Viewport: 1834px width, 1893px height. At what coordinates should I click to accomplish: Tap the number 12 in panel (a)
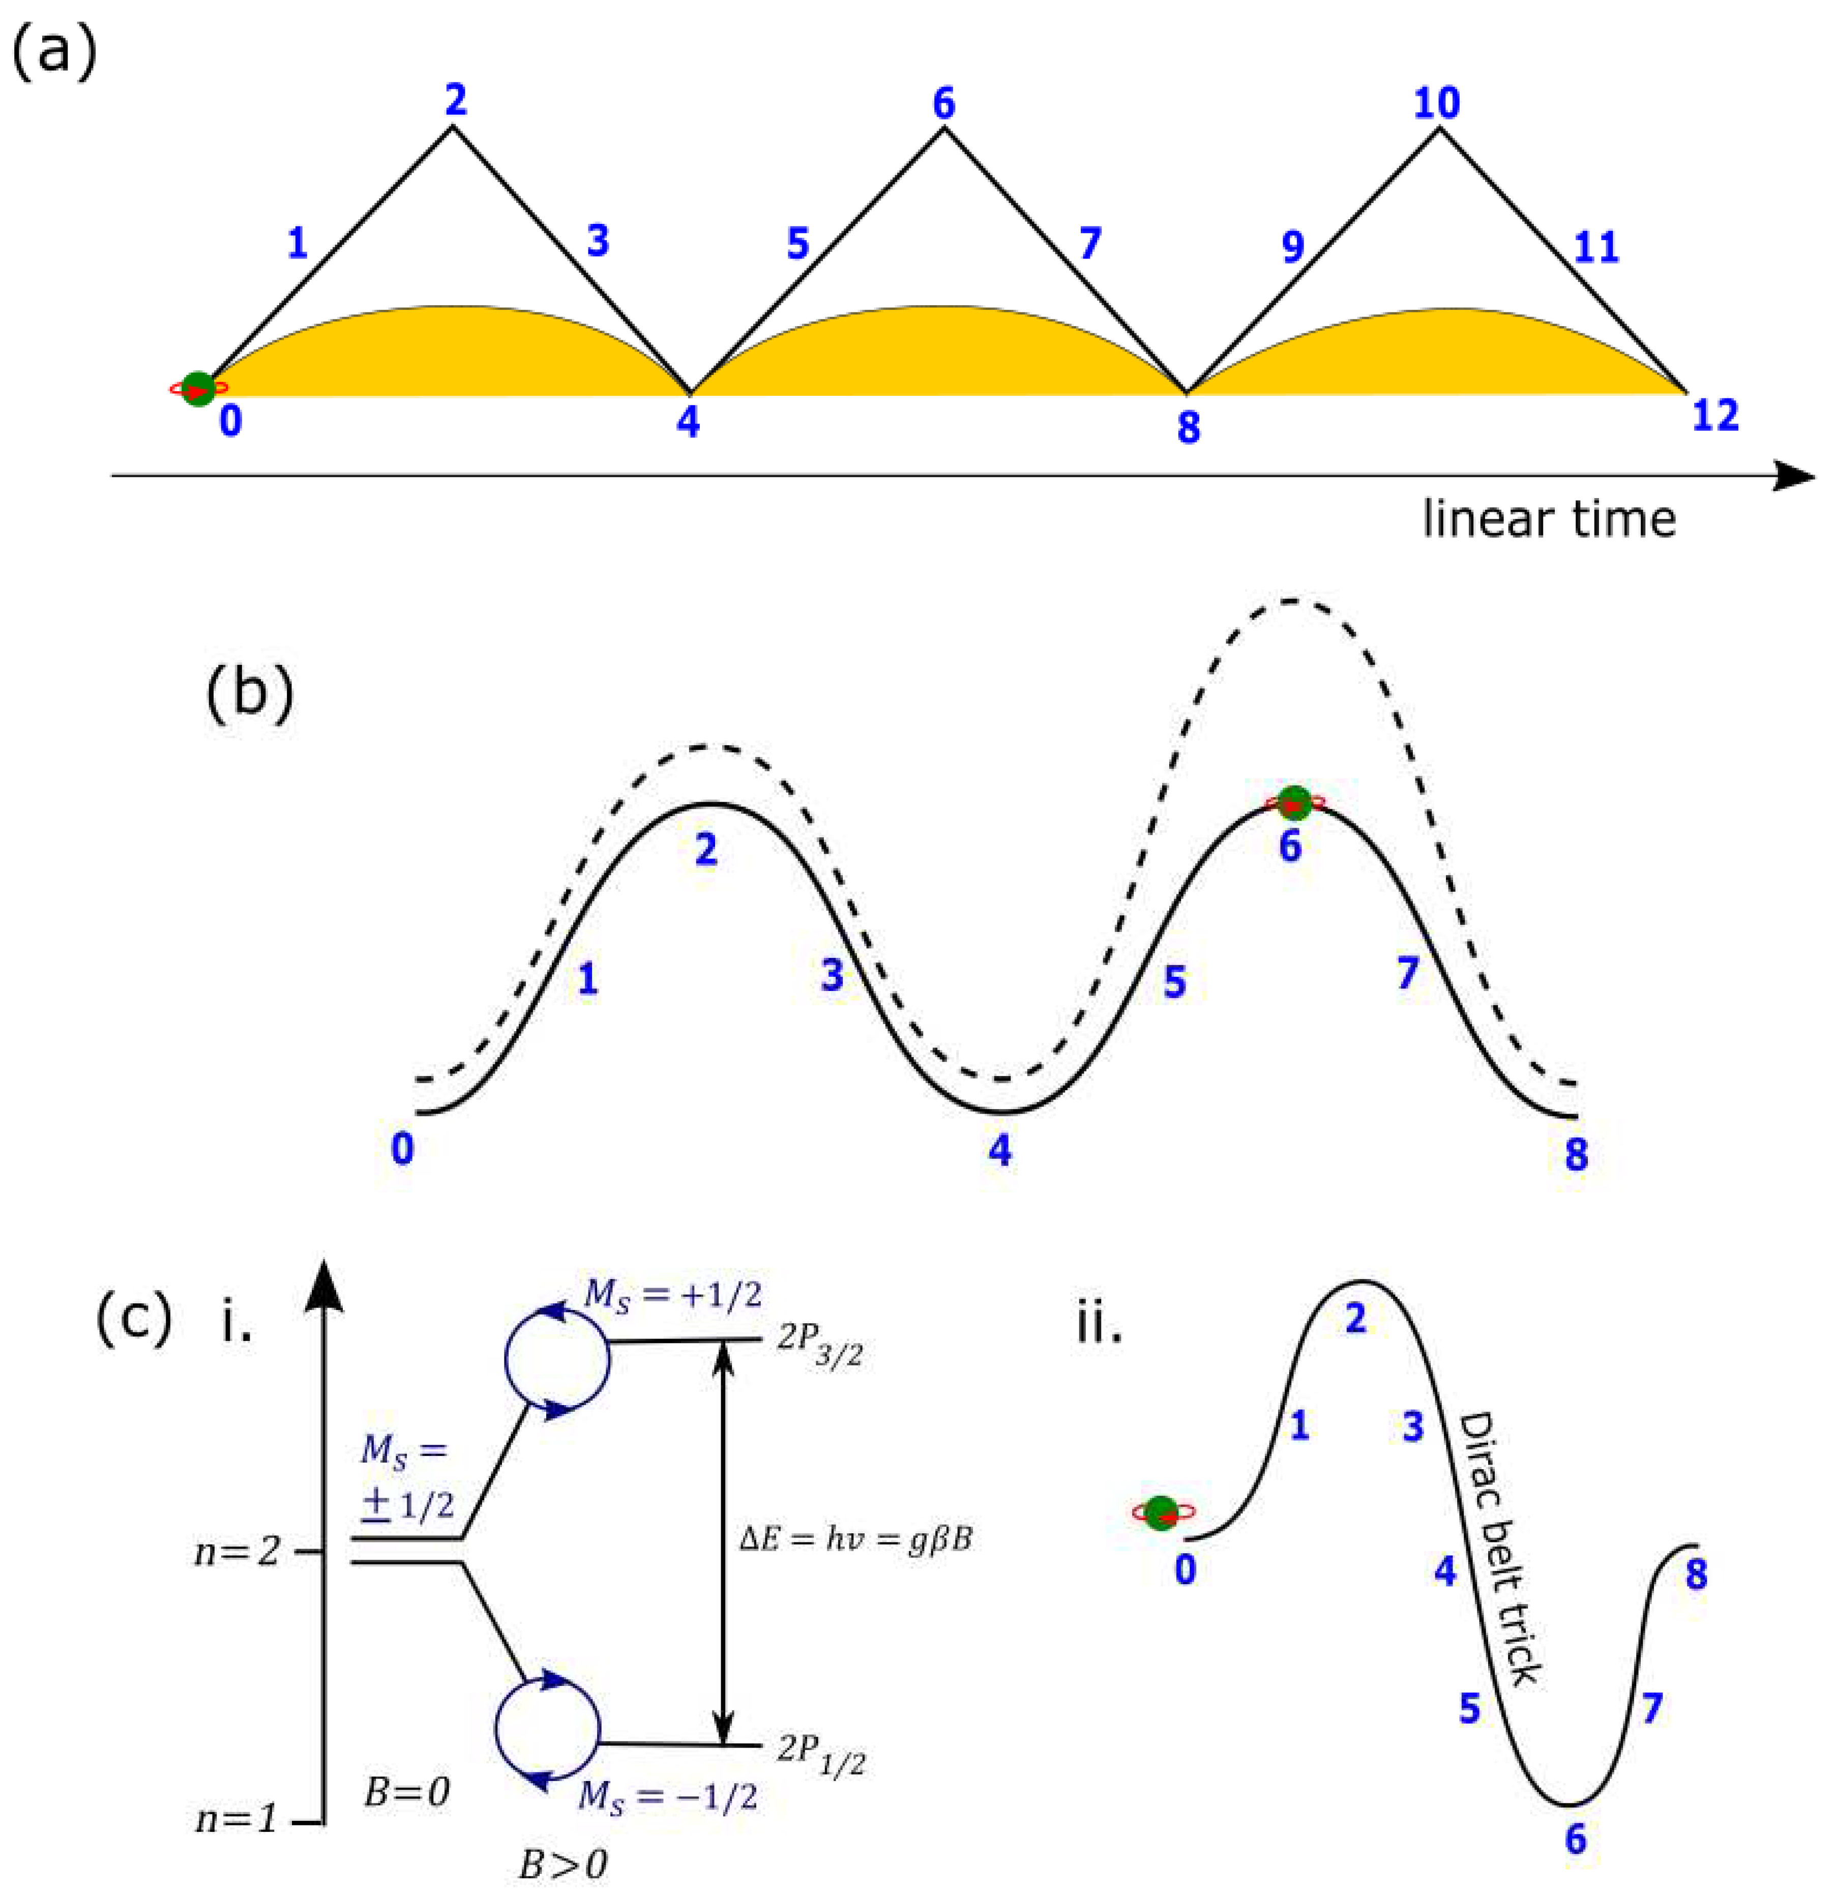[1715, 415]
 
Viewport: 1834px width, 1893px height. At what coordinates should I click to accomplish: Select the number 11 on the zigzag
[1595, 247]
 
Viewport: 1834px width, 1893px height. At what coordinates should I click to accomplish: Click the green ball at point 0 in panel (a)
[199, 388]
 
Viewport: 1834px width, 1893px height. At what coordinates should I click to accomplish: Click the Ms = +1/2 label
[674, 1296]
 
